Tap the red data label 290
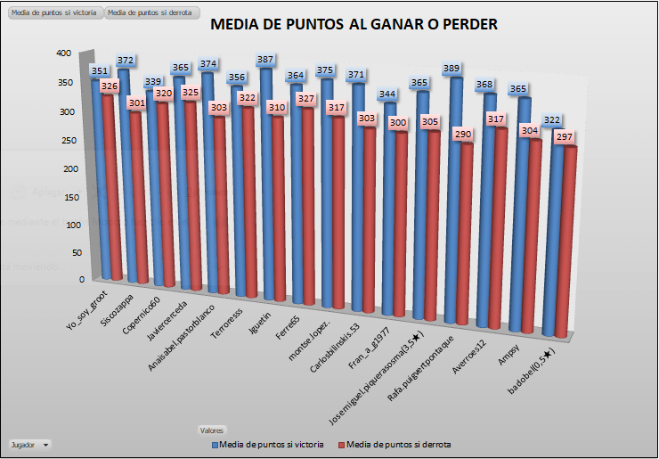[x=461, y=134]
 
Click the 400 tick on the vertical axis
[x=62, y=53]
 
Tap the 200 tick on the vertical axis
[x=72, y=168]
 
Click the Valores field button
[x=212, y=430]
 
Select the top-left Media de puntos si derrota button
[x=151, y=13]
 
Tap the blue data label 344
[x=387, y=94]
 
